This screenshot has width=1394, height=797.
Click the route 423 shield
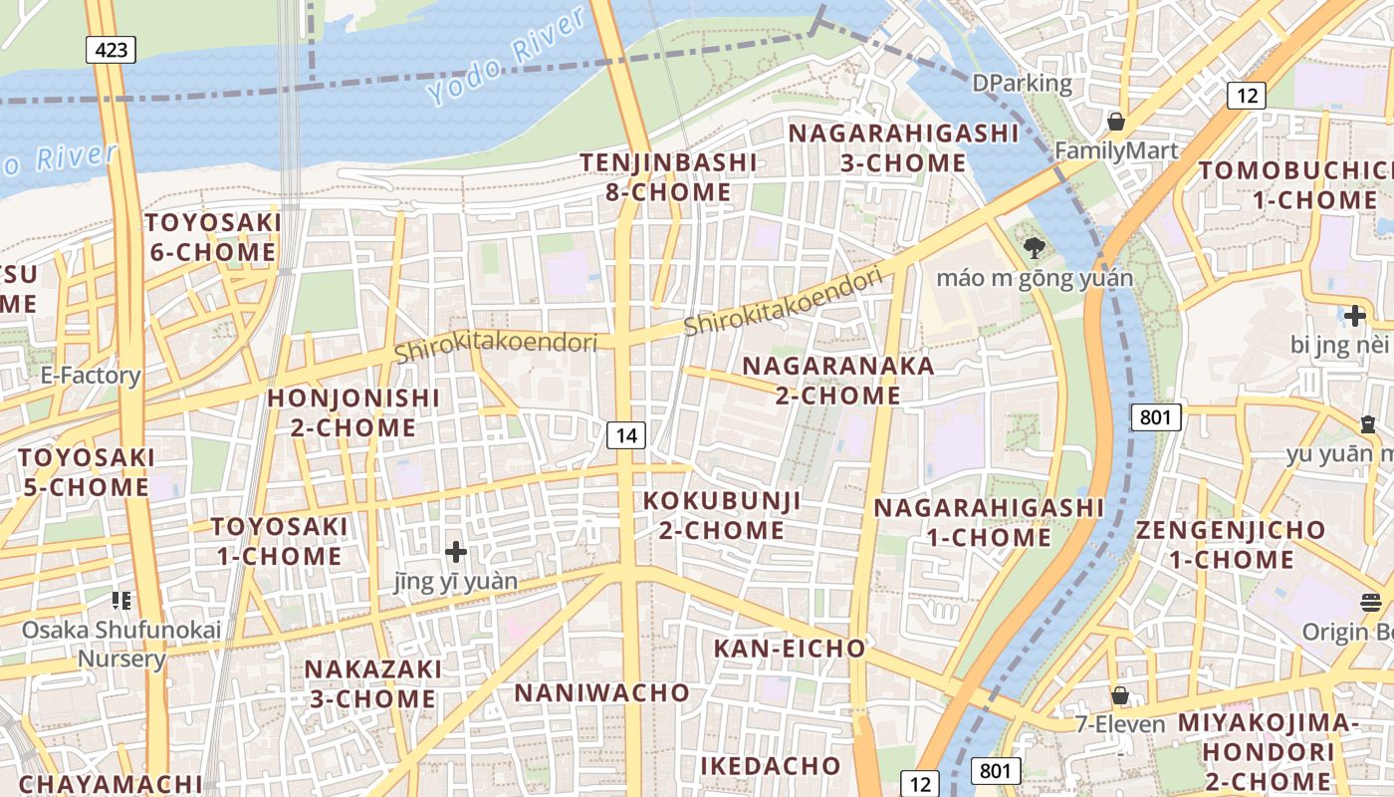click(111, 49)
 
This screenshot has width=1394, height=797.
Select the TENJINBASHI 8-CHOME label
click(668, 176)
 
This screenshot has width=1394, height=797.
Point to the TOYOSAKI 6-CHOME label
click(212, 237)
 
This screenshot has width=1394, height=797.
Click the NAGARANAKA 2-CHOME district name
click(838, 381)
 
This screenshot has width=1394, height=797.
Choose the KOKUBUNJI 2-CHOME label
click(722, 515)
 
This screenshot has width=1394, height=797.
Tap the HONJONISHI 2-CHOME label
click(353, 412)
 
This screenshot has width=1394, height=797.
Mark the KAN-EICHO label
click(790, 649)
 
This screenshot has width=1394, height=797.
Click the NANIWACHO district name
click(601, 692)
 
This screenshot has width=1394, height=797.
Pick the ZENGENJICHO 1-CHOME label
click(1232, 544)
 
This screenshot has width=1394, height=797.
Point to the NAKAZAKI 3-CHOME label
click(372, 683)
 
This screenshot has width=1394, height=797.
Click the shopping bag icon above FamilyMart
click(1116, 122)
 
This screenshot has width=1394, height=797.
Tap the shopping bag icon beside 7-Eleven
click(1120, 695)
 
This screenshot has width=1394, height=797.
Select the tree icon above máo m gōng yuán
click(1034, 246)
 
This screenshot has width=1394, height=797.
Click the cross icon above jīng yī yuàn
click(456, 551)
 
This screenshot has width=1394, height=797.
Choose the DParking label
click(1023, 84)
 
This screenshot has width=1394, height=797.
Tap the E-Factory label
click(90, 376)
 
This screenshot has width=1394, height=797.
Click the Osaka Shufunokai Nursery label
click(121, 644)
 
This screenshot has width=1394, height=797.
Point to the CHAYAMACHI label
click(111, 784)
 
